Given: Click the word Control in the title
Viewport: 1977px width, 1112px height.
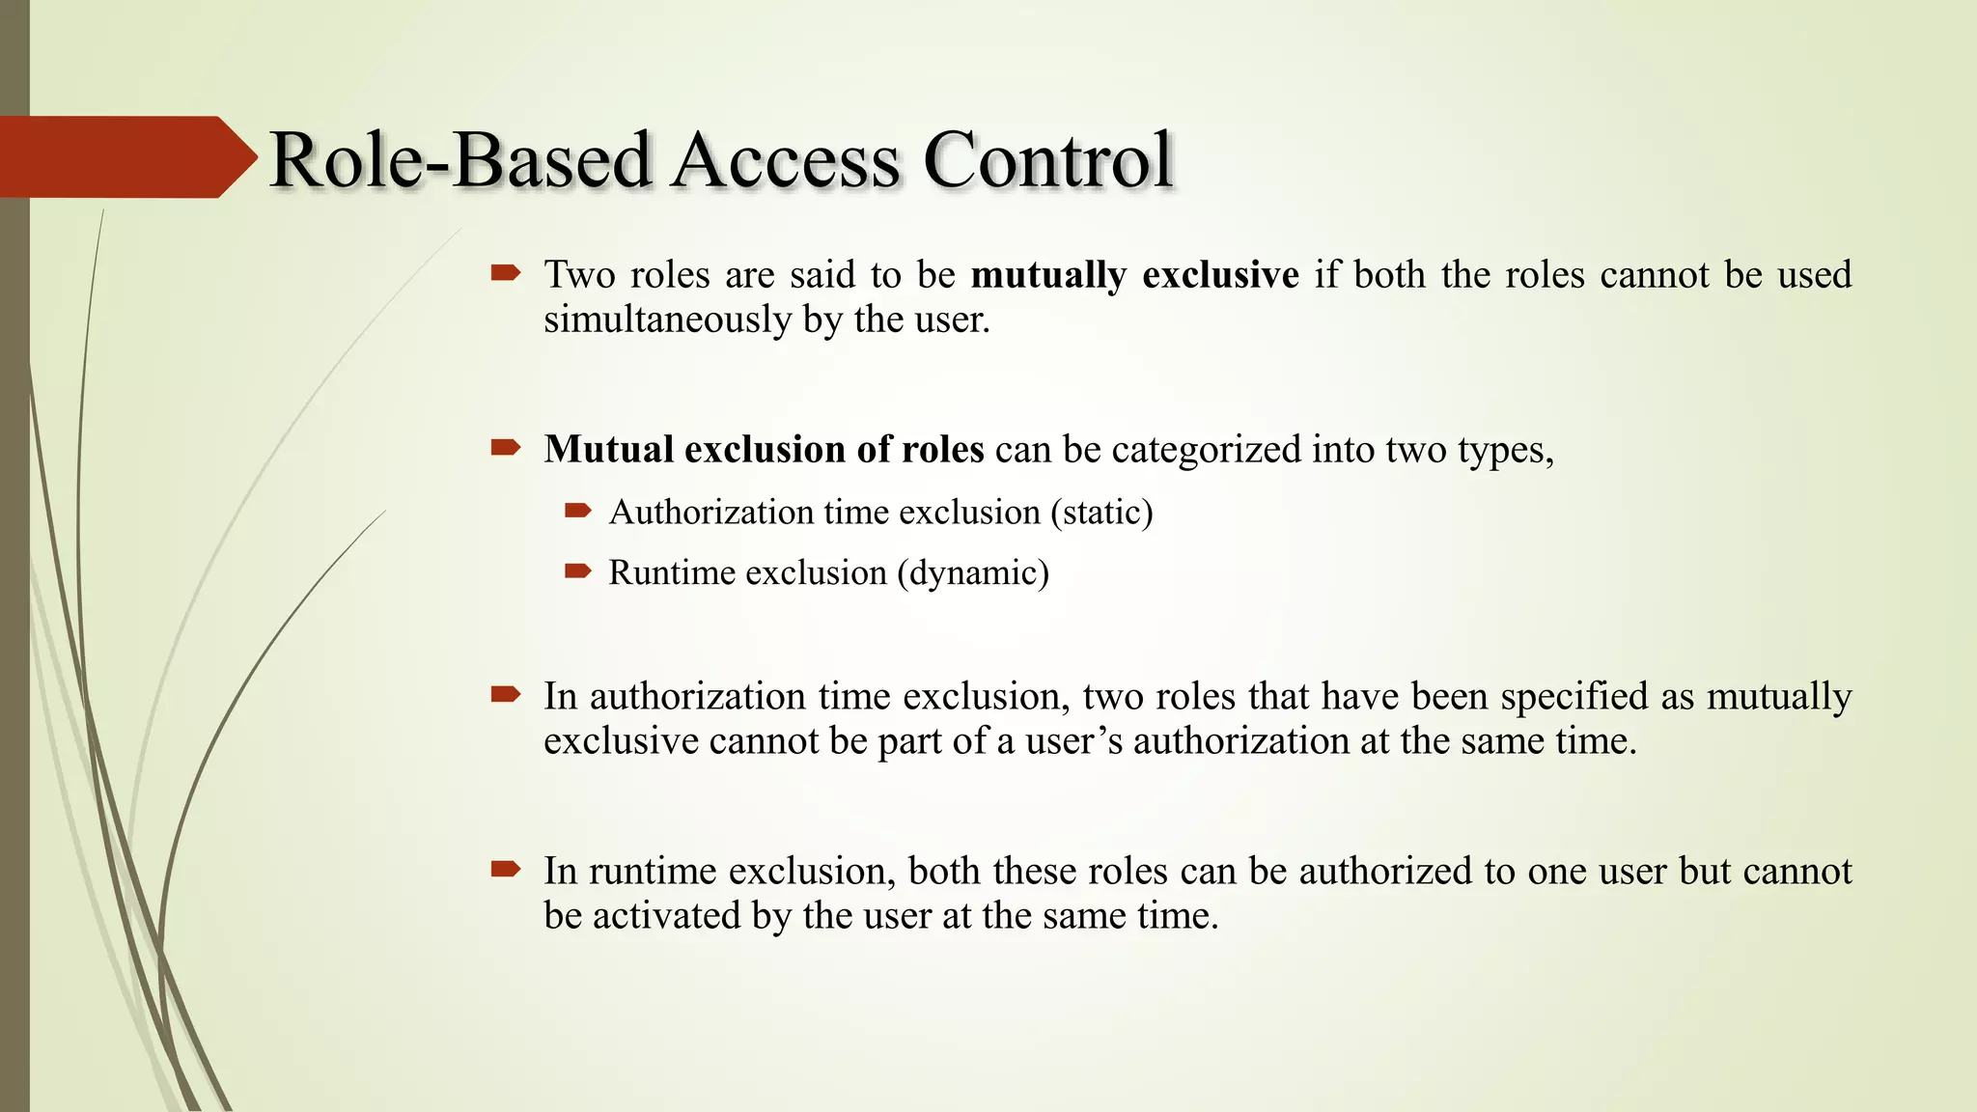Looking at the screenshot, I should tap(1047, 160).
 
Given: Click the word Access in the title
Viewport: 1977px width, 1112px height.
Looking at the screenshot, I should tap(786, 160).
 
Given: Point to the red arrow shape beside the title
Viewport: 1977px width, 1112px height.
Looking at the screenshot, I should tap(125, 156).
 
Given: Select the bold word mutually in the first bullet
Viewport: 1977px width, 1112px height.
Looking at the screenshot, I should tap(1048, 275).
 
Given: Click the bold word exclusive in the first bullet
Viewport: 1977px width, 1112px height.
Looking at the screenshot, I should tap(1220, 275).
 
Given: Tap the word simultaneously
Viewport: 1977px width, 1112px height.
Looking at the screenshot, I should tap(667, 320).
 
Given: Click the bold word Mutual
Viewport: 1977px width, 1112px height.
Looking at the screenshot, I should tap(608, 450).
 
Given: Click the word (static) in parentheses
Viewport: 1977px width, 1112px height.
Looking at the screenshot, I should tap(1101, 512).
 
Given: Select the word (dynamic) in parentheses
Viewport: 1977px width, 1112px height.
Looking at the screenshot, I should tap(972, 572).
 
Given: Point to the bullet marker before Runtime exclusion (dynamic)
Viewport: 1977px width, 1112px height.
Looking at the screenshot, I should tap(577, 571).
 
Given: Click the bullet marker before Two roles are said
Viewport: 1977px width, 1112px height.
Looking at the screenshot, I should tap(506, 273).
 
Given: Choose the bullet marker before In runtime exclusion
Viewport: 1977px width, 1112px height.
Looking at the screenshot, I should tap(506, 870).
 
